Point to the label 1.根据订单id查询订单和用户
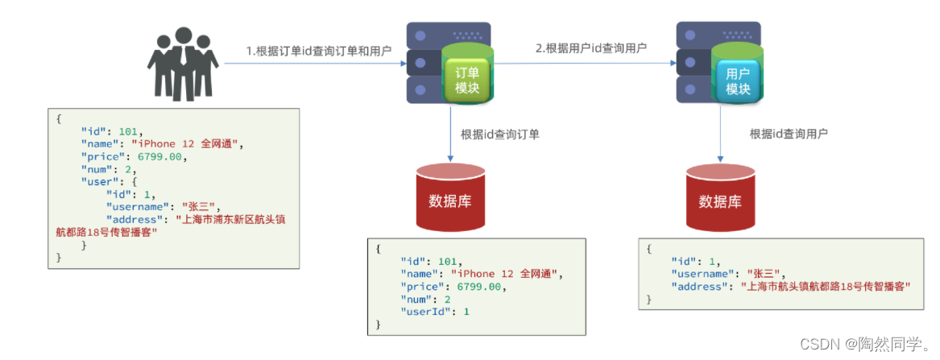tap(318, 51)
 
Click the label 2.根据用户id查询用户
tap(591, 48)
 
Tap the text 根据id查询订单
tap(499, 134)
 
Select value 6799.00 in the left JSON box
tap(162, 157)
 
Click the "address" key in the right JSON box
tap(698, 287)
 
